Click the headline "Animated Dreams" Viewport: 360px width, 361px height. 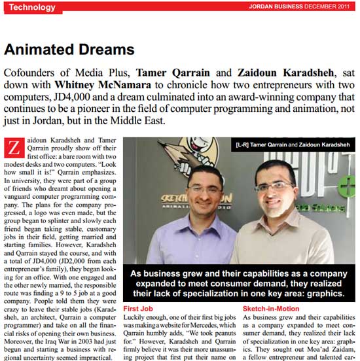tap(69, 49)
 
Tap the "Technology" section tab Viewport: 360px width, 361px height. tap(31, 7)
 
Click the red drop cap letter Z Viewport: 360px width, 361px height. tap(12, 148)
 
